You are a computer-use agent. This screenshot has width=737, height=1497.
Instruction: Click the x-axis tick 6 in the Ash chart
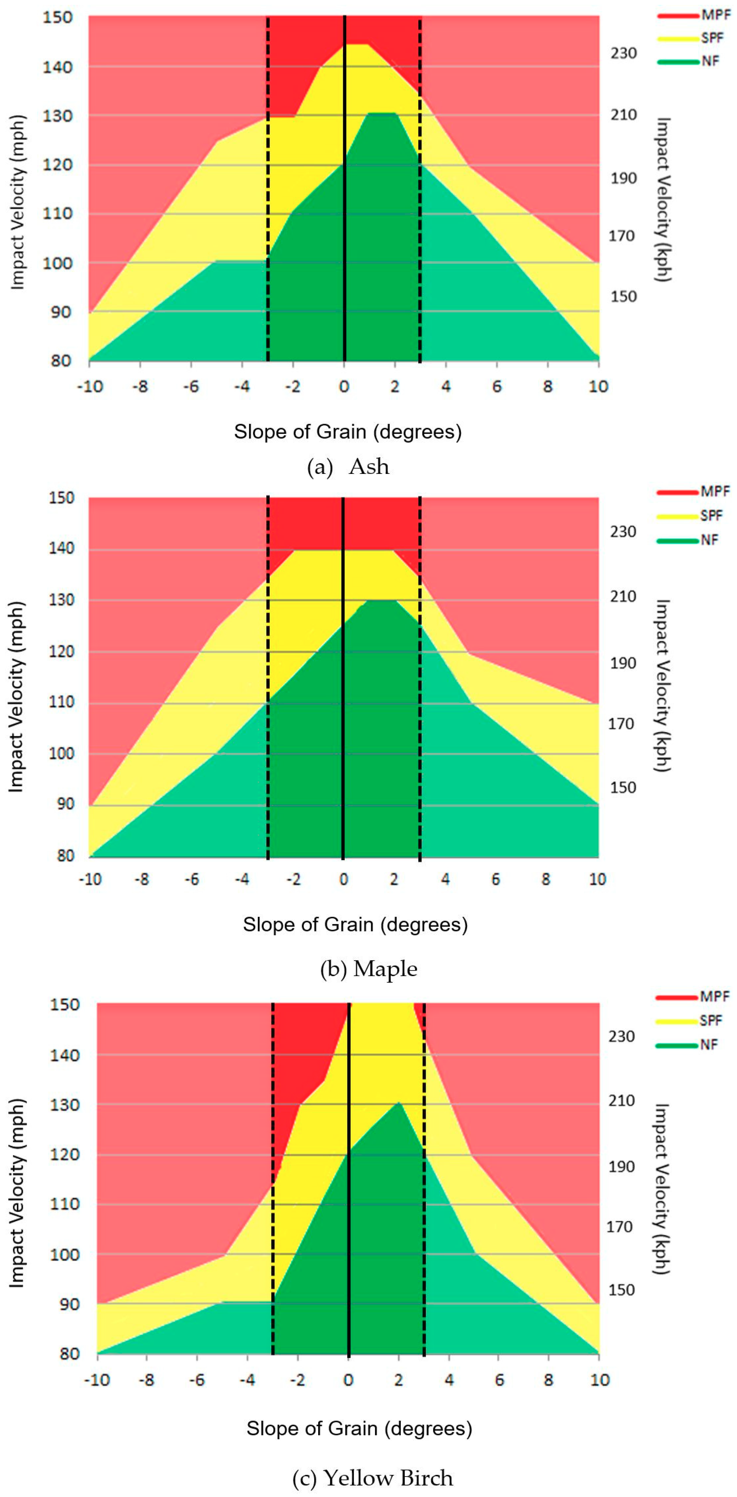pos(496,386)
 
